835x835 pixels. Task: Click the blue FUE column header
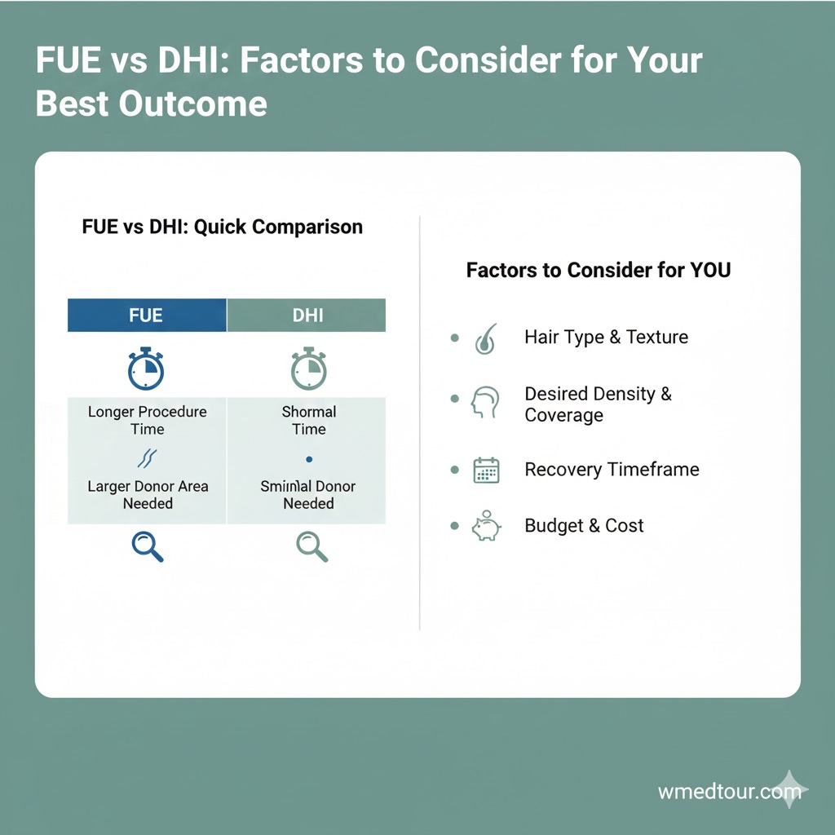click(x=147, y=316)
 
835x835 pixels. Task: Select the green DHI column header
click(x=307, y=316)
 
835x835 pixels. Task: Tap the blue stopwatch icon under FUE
click(x=146, y=369)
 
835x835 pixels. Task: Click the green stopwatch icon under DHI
click(x=309, y=369)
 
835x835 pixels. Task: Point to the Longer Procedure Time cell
click(x=148, y=420)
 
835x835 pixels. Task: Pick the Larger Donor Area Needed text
click(x=148, y=495)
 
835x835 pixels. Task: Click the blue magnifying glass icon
click(x=148, y=546)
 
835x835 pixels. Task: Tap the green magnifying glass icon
click(x=311, y=546)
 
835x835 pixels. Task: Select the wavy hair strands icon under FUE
click(x=148, y=458)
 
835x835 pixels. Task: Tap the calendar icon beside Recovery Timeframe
click(x=486, y=471)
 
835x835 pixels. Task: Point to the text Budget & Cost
click(x=584, y=526)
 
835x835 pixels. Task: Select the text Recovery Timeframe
click(x=612, y=470)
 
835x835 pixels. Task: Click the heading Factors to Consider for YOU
click(x=599, y=270)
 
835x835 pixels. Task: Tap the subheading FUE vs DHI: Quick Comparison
click(x=223, y=227)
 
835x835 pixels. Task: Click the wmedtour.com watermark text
click(x=718, y=791)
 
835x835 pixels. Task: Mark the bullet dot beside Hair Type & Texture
click(x=454, y=338)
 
